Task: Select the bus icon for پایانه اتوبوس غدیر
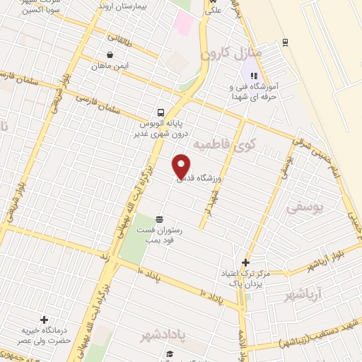click(161, 112)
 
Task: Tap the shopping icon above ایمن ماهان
click(110, 54)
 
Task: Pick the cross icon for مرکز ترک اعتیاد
click(245, 262)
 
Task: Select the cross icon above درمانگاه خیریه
click(45, 320)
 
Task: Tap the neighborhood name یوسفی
click(305, 208)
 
